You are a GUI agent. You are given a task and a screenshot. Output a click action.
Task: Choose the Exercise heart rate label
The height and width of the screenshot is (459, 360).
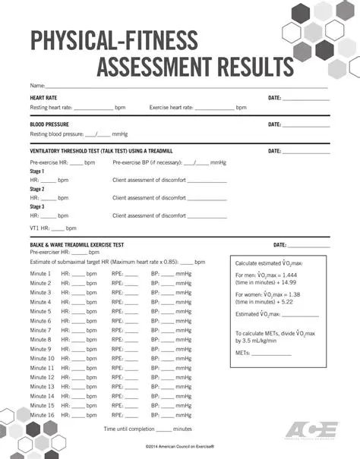pos(171,108)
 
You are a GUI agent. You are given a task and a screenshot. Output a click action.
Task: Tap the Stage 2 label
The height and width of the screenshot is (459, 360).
pos(37,189)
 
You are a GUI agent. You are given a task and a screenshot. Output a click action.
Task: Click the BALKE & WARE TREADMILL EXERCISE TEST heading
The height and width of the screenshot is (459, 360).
pos(77,245)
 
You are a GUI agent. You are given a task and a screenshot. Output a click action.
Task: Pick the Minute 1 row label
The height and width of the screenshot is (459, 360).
pos(40,273)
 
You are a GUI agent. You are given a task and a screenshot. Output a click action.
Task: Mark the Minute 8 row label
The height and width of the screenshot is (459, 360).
pos(40,339)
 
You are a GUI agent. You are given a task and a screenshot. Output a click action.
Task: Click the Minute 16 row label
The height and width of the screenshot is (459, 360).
pos(42,414)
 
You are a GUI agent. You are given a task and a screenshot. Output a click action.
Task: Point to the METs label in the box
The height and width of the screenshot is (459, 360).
pos(244,353)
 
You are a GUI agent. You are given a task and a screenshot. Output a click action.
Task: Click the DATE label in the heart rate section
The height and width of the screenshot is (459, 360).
pos(275,98)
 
